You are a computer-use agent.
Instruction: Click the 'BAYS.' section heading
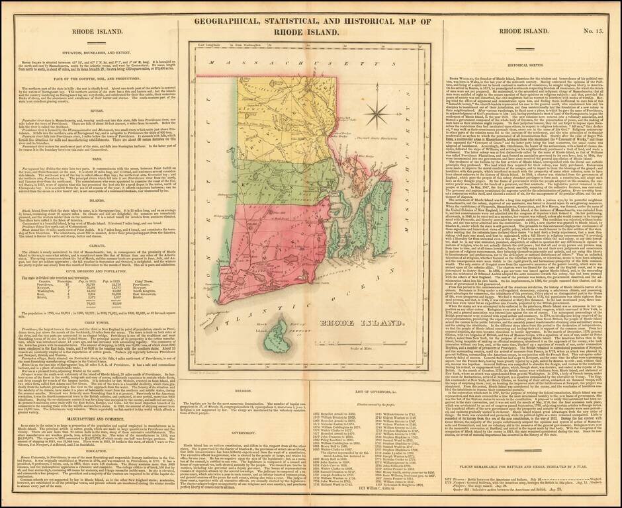tap(101, 159)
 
